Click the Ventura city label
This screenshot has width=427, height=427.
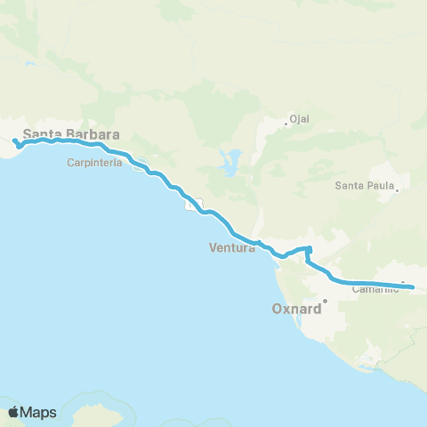(232, 248)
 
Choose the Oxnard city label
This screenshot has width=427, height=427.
(294, 310)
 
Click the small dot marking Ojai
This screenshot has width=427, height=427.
(286, 124)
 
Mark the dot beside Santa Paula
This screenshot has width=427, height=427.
(396, 189)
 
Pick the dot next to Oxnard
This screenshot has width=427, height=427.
(326, 301)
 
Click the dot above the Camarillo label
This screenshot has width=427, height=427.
(402, 284)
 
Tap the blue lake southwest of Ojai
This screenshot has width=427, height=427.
(232, 162)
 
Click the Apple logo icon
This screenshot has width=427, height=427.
(14, 412)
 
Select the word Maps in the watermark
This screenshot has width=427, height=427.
(39, 412)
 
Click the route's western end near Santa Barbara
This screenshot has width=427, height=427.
(15, 141)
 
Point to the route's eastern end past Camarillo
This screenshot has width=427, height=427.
(411, 287)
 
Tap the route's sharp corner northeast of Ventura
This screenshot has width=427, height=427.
(310, 248)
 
